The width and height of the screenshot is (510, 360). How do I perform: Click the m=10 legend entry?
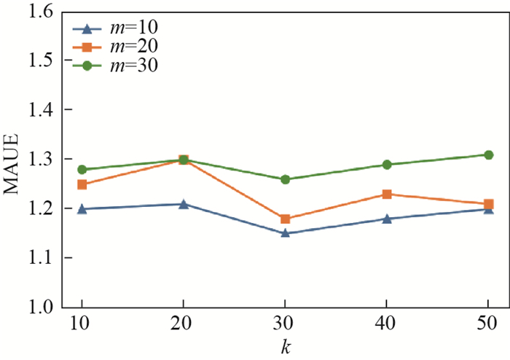(115, 28)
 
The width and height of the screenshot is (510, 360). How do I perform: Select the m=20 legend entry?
(115, 47)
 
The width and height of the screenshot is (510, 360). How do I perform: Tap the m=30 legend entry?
(115, 66)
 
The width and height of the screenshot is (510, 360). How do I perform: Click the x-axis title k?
(285, 345)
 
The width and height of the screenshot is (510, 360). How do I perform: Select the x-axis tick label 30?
(285, 323)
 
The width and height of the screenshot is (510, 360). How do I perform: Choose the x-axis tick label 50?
(488, 323)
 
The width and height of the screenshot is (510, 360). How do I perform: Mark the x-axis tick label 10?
(82, 323)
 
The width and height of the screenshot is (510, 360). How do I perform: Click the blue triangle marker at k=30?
(285, 233)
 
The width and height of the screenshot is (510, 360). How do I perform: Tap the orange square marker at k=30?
(285, 219)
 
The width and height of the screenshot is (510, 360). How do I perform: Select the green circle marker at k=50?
(488, 154)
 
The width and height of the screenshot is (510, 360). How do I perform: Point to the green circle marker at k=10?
(82, 170)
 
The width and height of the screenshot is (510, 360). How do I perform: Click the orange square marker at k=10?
(82, 184)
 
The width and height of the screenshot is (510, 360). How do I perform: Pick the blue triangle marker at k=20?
(184, 204)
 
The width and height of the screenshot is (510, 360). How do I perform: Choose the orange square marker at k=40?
(387, 194)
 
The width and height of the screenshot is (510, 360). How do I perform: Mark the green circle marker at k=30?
(285, 179)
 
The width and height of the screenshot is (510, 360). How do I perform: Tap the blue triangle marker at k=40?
(387, 219)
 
